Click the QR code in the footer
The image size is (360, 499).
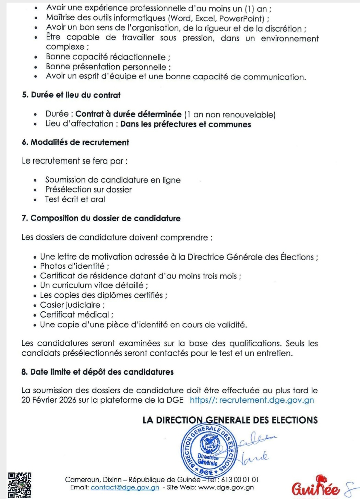coord(20,485)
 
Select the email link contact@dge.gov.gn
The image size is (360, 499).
coord(125,487)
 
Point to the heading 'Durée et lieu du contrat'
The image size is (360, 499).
coord(71,95)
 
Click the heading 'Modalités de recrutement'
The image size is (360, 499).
coord(75,142)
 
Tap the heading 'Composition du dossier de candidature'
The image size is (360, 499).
coord(101,218)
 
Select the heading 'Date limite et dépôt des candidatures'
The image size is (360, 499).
coord(97,372)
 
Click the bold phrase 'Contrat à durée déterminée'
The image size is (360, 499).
coord(128,114)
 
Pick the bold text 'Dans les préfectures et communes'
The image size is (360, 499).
coord(185,124)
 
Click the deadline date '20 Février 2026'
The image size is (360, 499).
coord(49,400)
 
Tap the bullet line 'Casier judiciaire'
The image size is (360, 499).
coord(72,305)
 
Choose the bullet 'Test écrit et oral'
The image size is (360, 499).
coord(75,199)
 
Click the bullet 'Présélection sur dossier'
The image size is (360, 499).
coord(88,190)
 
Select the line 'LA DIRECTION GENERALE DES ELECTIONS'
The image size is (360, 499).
coord(230,420)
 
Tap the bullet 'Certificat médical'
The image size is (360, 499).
coord(76,314)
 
